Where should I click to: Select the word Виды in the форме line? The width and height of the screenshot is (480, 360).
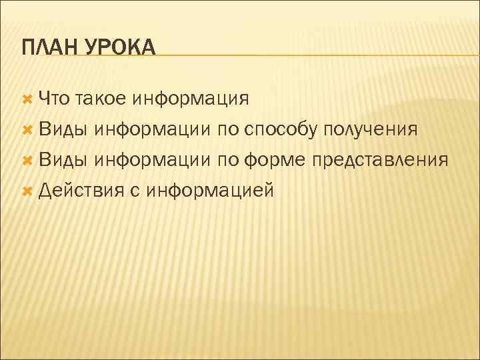click(x=63, y=160)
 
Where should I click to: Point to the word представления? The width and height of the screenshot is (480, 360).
click(x=381, y=161)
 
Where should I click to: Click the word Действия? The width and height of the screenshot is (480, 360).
click(x=81, y=191)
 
